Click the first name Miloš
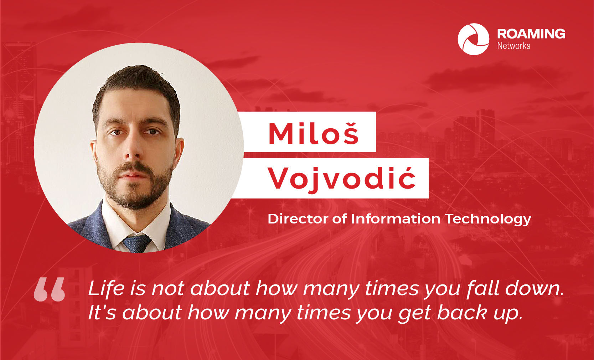pyautogui.click(x=314, y=133)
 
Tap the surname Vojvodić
pyautogui.click(x=342, y=179)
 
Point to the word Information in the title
pyautogui.click(x=396, y=219)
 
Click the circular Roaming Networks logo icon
pyautogui.click(x=473, y=39)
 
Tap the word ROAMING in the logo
pyautogui.click(x=531, y=34)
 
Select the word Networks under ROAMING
pyautogui.click(x=513, y=46)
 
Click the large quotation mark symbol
pyautogui.click(x=49, y=289)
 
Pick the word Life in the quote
pyautogui.click(x=106, y=288)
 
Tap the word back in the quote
pyautogui.click(x=462, y=313)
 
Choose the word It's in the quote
pyautogui.click(x=102, y=313)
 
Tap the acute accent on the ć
pyautogui.click(x=408, y=169)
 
